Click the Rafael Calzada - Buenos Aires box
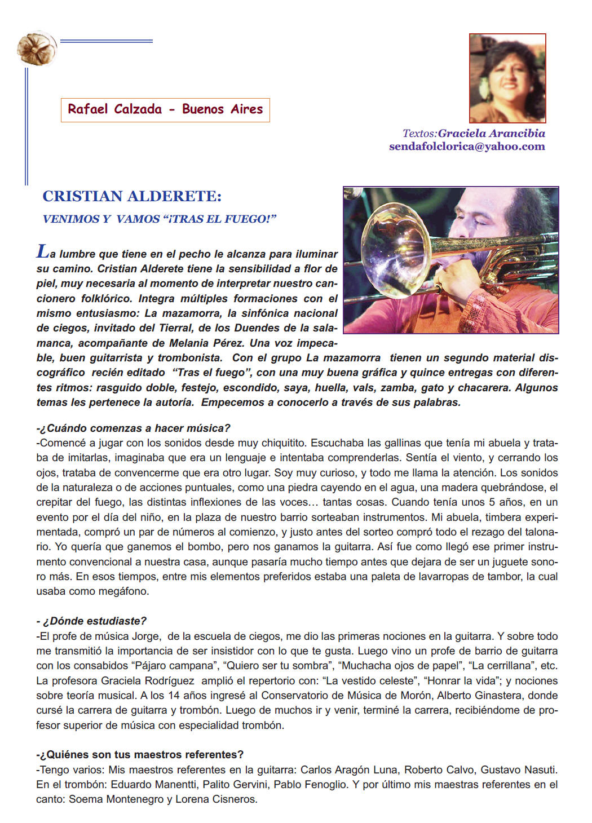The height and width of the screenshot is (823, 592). [x=165, y=109]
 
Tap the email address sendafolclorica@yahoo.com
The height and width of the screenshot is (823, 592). [x=467, y=147]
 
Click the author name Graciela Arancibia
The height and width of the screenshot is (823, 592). [x=491, y=134]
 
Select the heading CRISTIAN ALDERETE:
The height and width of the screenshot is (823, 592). [x=132, y=196]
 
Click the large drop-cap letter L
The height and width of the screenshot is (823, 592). [x=43, y=251]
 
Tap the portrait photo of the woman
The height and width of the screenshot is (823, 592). [x=507, y=78]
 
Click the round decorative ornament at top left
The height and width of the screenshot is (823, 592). [x=37, y=48]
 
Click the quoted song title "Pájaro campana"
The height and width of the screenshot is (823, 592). [x=175, y=666]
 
